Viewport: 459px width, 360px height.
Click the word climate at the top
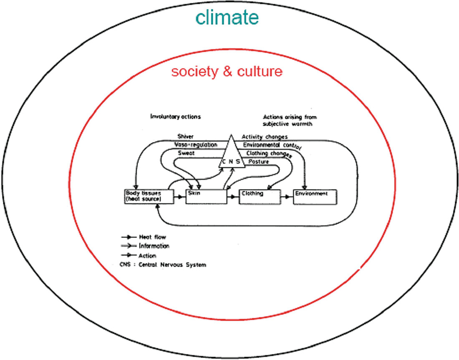click(x=227, y=18)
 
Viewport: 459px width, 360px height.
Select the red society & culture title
click(x=227, y=71)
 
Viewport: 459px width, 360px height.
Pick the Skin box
click(x=206, y=196)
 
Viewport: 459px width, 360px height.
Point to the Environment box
click(x=315, y=196)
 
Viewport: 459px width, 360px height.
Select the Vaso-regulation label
click(x=196, y=145)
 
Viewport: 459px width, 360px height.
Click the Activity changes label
click(x=265, y=137)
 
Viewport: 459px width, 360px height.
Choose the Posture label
click(x=259, y=161)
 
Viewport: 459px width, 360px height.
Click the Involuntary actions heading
click(x=175, y=117)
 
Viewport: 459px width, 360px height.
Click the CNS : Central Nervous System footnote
click(x=162, y=265)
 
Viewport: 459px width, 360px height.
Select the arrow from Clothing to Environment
click(x=287, y=196)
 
